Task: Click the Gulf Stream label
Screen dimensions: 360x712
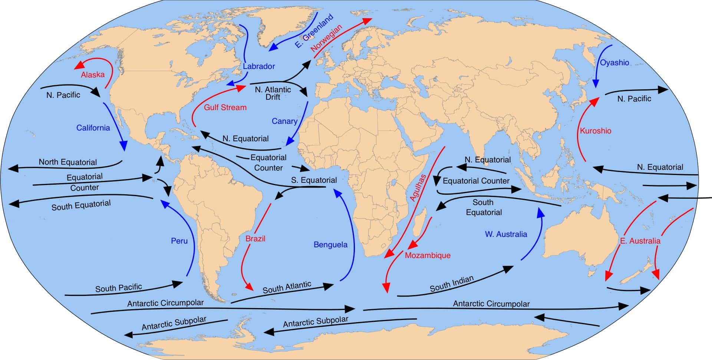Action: [225, 108]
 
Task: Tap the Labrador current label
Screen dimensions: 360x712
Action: [259, 66]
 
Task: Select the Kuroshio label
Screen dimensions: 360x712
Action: [596, 131]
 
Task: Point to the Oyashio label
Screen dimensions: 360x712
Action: [614, 63]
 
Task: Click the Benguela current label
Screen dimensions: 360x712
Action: [330, 245]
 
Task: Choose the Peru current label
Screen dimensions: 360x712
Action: [179, 241]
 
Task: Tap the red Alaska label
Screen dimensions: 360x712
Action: [93, 75]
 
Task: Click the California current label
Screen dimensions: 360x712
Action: [93, 128]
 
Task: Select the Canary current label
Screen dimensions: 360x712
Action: [284, 121]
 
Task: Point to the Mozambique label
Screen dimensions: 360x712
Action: [428, 255]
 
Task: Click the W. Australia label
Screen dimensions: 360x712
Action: [506, 234]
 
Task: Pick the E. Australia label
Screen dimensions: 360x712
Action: [640, 241]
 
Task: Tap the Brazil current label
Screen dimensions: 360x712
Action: [255, 239]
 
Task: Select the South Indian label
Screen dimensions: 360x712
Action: [452, 284]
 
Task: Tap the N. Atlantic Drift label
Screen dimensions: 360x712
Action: [273, 93]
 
